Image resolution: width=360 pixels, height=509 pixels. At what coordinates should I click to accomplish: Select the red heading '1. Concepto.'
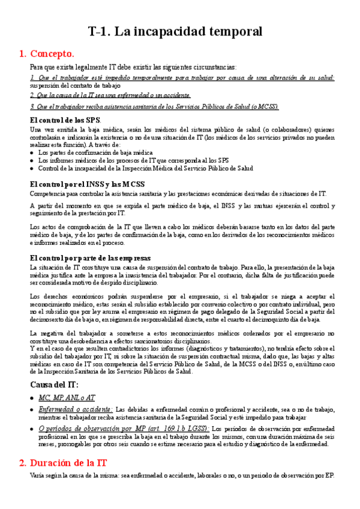pos(47,54)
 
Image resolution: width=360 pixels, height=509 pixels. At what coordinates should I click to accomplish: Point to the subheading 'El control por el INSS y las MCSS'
pos(86,184)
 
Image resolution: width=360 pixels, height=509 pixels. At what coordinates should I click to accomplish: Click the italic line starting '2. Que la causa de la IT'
pos(110,95)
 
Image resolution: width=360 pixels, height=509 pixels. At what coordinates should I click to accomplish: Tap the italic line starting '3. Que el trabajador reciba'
pos(154,106)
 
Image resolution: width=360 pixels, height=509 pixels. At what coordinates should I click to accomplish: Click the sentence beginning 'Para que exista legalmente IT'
pos(133,67)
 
